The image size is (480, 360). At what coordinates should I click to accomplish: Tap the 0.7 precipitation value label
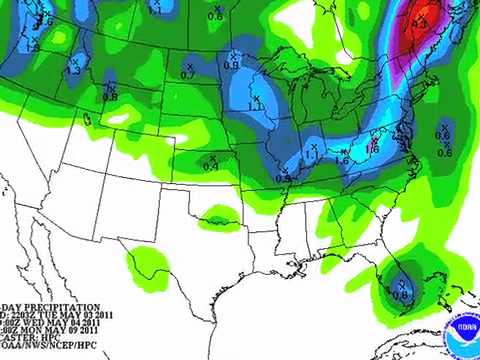click(188, 75)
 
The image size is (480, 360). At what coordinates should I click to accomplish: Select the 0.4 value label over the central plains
click(211, 165)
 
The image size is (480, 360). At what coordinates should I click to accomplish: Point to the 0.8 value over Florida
click(401, 294)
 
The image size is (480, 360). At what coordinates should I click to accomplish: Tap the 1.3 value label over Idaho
click(73, 70)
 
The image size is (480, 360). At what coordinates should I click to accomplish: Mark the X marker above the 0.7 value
click(188, 65)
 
